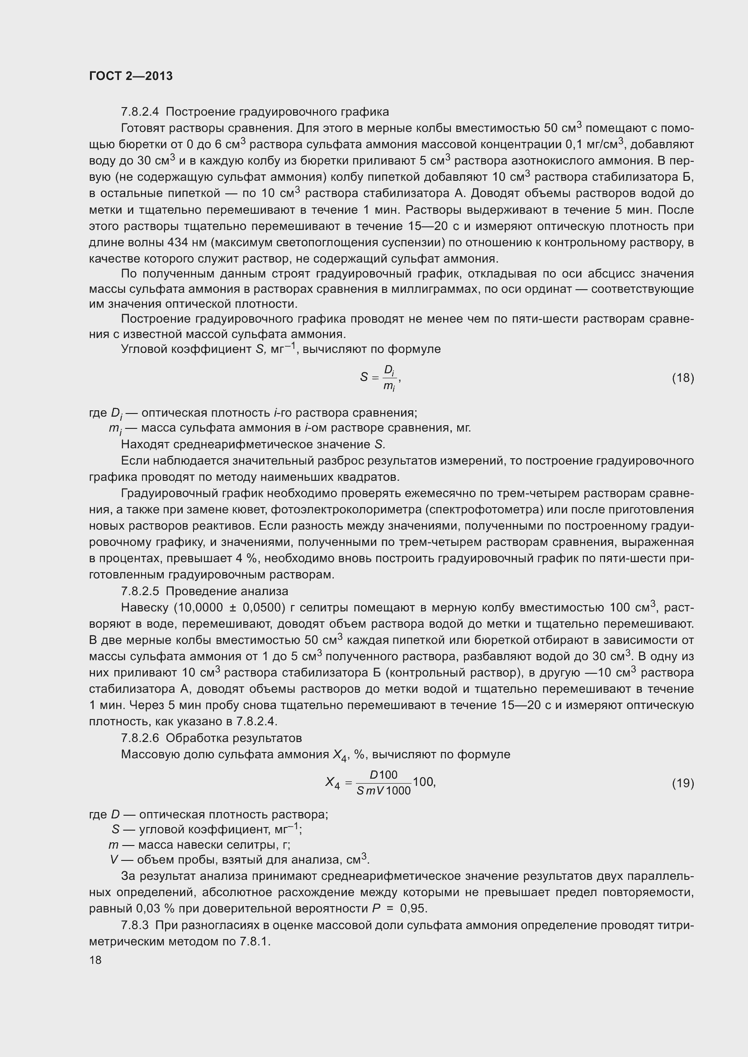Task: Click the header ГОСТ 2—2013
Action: pos(131,76)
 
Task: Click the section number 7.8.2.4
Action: pos(140,112)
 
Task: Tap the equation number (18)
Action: pos(682,378)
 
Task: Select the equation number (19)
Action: pos(682,783)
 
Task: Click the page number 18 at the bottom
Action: pos(95,960)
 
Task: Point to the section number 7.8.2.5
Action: pos(140,591)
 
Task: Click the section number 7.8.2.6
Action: pos(140,738)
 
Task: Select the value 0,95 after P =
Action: pos(414,909)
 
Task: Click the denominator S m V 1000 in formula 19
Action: pos(383,791)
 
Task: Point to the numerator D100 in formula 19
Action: pos(383,775)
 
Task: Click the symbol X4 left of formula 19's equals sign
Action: pos(332,783)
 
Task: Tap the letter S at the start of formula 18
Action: pos(364,377)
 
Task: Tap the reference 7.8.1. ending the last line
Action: pos(255,942)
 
